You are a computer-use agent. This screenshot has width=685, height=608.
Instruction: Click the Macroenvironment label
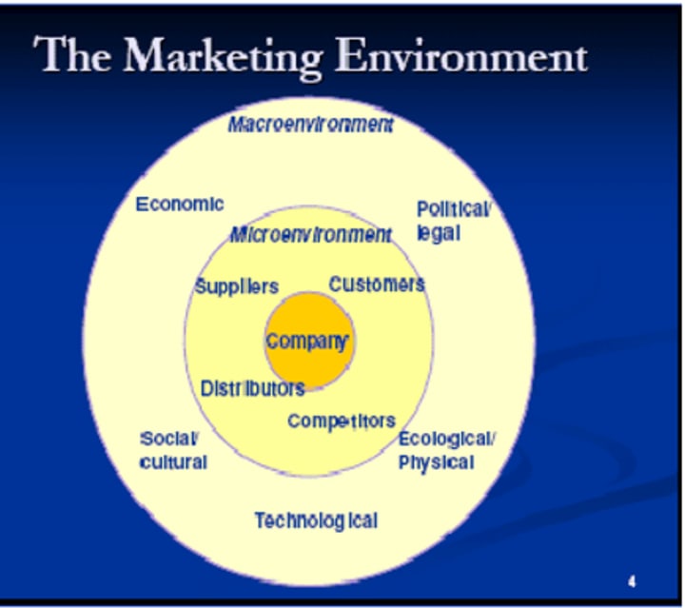click(x=310, y=125)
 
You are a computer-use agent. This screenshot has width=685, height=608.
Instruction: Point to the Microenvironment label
click(x=310, y=234)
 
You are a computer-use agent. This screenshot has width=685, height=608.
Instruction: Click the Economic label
click(x=180, y=204)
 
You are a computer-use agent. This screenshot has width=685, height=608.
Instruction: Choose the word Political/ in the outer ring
click(x=454, y=209)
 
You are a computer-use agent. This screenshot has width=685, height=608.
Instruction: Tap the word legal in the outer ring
click(x=439, y=233)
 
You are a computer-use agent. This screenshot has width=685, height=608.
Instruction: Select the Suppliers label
click(x=237, y=286)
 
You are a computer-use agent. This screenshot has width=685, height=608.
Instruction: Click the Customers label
click(x=377, y=284)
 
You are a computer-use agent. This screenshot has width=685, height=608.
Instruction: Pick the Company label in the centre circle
click(x=307, y=342)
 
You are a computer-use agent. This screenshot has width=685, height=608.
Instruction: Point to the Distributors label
click(x=252, y=388)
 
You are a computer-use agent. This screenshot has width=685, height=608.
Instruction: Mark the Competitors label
click(x=342, y=421)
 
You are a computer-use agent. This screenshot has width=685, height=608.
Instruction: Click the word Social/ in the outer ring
click(x=168, y=439)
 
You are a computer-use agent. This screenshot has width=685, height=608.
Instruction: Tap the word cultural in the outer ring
click(x=173, y=462)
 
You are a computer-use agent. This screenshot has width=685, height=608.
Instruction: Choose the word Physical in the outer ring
click(x=436, y=462)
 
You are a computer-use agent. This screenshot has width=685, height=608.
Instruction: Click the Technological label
click(x=316, y=520)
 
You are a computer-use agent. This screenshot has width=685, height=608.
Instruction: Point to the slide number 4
click(x=632, y=581)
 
